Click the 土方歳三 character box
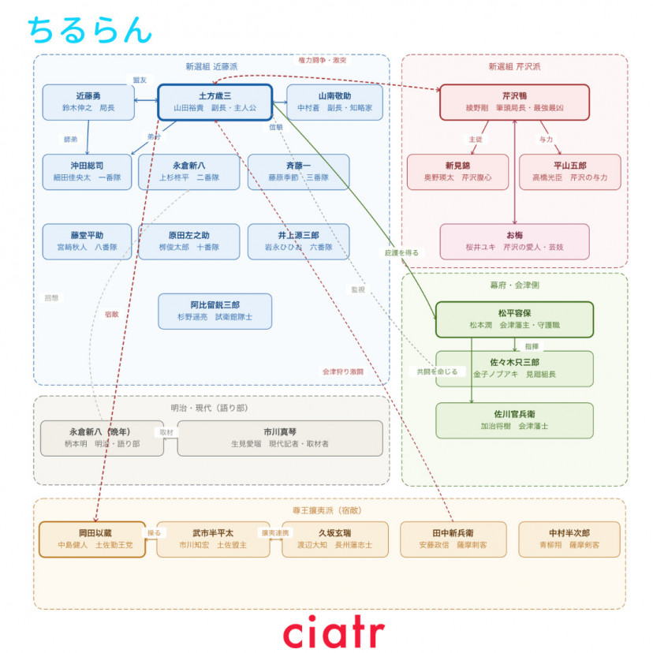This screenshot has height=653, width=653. coord(215,102)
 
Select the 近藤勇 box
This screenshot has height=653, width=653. coord(88,102)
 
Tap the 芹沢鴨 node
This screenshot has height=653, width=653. coord(513,102)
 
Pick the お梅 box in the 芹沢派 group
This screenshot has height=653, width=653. coord(513,241)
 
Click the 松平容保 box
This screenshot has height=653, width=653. coord(513,319)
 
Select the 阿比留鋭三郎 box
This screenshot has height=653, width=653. coord(215,311)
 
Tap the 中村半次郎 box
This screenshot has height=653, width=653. coord(569,539)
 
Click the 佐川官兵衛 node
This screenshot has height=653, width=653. coord(513,420)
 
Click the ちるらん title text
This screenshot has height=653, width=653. coord(88,29)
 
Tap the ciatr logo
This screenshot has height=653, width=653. coord(334,631)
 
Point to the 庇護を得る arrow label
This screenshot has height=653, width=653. coord(401,252)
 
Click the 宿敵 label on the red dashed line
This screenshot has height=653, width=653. coord(111,314)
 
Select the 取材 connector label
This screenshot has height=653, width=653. coord(166,432)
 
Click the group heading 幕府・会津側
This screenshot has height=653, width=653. coord(513,284)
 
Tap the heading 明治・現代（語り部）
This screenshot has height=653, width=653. coord(211,408)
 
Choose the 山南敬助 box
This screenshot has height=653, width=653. coord(334,102)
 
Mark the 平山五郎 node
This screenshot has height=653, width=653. coord(569,171)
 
